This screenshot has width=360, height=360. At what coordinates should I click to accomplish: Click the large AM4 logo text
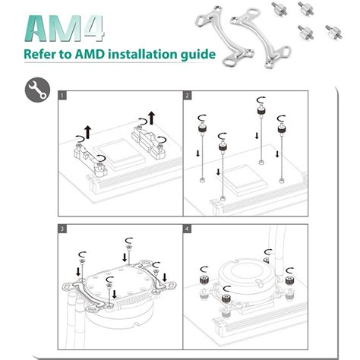(65, 28)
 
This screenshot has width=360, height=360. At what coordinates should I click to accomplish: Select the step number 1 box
(63, 96)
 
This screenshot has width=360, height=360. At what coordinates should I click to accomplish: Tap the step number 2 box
(188, 96)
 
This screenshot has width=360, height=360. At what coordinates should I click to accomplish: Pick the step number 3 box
(63, 227)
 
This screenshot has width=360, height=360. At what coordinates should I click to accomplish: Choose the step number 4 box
(188, 227)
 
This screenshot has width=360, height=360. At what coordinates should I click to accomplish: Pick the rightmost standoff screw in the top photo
(333, 30)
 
